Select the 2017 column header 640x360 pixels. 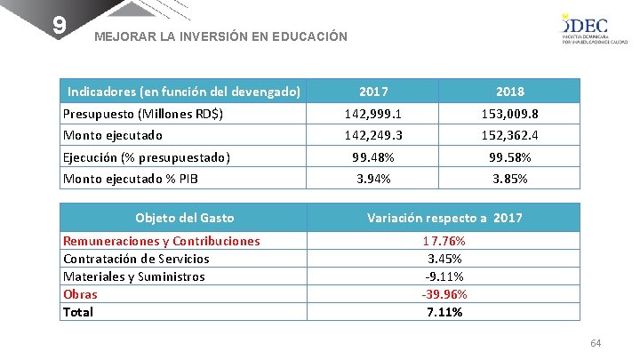pos(373,92)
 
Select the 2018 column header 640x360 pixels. pos(510,92)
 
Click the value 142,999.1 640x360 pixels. pos(373,114)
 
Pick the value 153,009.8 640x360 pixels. pos(510,114)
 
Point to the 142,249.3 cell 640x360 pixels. pos(373,136)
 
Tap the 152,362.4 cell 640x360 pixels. pos(510,136)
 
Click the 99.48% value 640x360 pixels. pos(373,157)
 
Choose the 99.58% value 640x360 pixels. pos(510,157)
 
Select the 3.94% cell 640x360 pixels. pos(373,179)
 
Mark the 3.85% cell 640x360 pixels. pos(510,179)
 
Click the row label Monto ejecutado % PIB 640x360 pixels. pos(131,179)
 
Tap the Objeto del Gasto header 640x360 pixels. pos(184,218)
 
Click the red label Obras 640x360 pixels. pos(80,294)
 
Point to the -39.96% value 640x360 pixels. pos(444,294)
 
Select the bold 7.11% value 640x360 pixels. pos(444,312)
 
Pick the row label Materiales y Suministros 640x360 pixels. pos(133,276)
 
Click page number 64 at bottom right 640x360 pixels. pos(596,343)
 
